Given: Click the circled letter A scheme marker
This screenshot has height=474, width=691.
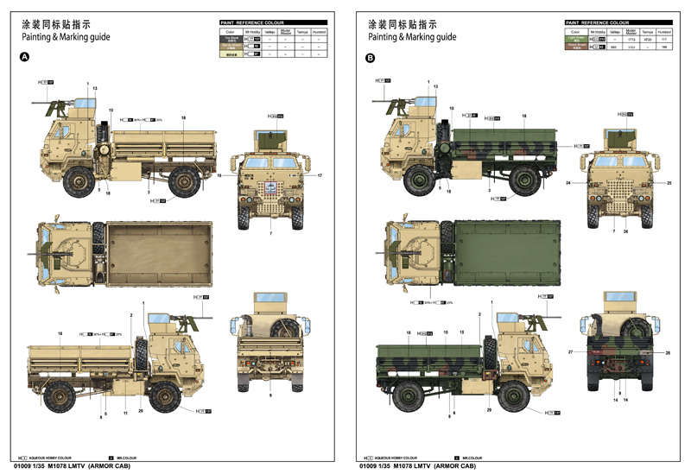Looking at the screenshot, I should click(24, 58).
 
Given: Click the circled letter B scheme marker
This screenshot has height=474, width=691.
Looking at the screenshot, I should click(370, 58).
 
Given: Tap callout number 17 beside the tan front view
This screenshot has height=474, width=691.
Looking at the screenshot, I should click(320, 176).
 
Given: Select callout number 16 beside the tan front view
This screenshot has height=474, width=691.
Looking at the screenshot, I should click(219, 176).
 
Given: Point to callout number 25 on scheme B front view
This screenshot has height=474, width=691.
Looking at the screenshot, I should click(669, 183).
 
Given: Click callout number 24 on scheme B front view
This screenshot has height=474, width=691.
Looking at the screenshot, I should click(569, 183).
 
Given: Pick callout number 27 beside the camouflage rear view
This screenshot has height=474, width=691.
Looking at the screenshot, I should click(570, 352).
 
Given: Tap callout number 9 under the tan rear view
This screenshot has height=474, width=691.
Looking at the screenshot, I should click(270, 395).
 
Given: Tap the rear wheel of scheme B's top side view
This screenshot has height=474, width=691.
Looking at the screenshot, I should click(527, 180).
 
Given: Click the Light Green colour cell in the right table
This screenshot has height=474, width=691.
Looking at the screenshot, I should click(575, 39).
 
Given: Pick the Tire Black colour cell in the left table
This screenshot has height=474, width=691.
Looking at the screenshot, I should click(230, 39).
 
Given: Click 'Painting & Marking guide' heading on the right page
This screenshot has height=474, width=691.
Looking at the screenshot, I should click(411, 37).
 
